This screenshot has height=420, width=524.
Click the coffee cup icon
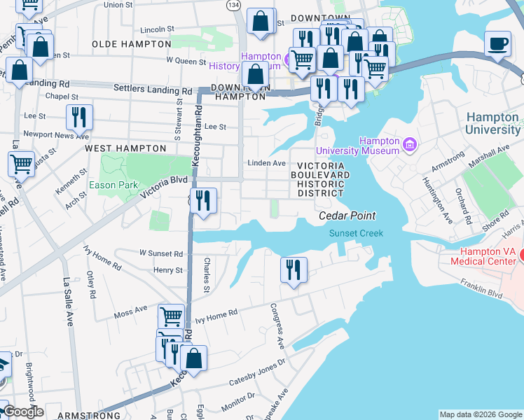tap(498, 45)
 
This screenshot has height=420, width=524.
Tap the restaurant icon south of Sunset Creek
tap(293, 269)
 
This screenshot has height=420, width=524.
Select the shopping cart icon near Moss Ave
tap(171, 316)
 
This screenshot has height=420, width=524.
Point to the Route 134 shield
tap(230, 4)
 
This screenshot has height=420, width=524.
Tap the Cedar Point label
tap(347, 216)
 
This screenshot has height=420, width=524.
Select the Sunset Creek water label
tap(357, 233)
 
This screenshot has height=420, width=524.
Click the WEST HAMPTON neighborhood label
tap(125, 148)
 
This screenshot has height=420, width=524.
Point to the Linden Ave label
tap(266, 163)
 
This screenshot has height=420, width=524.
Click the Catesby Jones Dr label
tap(258, 372)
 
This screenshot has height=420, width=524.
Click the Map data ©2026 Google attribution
tap(481, 414)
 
